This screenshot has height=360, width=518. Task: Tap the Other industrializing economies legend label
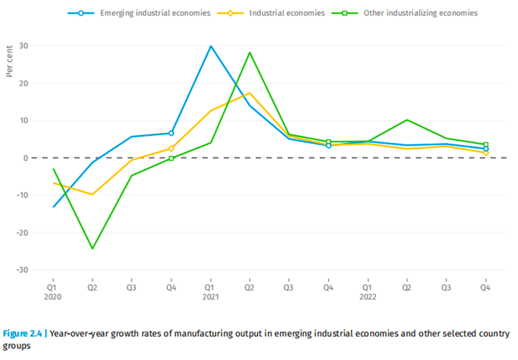420,13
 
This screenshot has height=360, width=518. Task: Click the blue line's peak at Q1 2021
211,46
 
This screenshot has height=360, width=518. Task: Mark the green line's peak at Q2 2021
250,53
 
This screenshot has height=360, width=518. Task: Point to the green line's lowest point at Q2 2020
92,249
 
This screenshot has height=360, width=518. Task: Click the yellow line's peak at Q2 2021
250,93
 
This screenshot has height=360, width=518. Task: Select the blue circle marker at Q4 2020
171,133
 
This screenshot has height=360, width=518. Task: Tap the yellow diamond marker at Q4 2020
171,149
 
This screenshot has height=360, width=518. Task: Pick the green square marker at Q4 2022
486,144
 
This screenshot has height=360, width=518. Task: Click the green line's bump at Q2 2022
407,120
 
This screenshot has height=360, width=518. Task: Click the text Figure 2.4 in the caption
22,334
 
